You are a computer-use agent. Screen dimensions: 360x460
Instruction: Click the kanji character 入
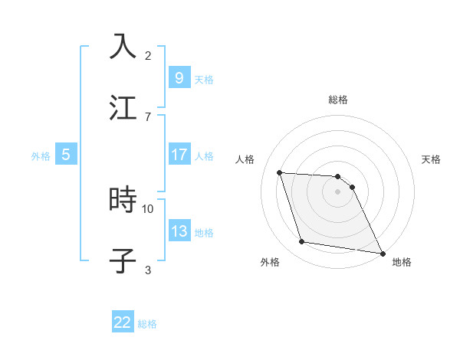[123, 47]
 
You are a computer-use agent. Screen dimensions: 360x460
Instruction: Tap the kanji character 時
[123, 201]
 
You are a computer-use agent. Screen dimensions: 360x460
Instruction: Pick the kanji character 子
[123, 260]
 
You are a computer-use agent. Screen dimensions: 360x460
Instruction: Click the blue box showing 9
[179, 77]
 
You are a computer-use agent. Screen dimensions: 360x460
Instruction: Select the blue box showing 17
[179, 155]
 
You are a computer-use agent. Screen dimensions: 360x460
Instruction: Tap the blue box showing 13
[179, 231]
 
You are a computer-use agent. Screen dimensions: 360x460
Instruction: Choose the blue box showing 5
[66, 155]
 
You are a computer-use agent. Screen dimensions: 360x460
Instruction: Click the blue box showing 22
[123, 322]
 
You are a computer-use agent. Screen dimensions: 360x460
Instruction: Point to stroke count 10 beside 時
[148, 208]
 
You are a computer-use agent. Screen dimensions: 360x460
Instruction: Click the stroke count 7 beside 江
[148, 116]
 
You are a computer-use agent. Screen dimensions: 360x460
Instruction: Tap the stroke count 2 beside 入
[148, 56]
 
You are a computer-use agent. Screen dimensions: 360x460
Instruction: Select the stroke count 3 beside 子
[148, 270]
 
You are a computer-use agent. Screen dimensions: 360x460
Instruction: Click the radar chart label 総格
[338, 100]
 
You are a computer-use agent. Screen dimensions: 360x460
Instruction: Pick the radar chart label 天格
[431, 159]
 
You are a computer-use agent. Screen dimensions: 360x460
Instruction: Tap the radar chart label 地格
[402, 262]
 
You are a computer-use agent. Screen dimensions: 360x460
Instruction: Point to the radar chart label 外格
[271, 262]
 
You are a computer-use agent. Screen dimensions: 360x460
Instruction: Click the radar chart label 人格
[245, 159]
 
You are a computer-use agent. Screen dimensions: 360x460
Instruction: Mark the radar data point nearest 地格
[381, 253]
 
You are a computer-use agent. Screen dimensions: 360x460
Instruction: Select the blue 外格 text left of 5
[41, 155]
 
